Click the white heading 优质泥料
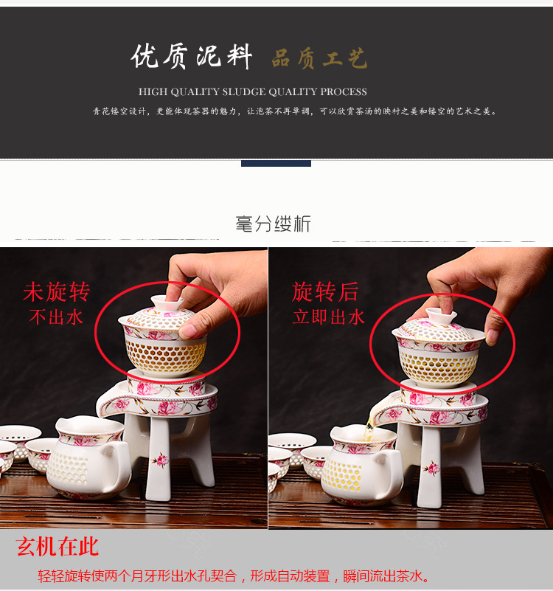pos(192,57)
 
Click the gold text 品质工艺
pos(319,59)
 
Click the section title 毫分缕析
pos(274,224)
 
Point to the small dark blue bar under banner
pos(276,163)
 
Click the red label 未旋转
pos(56,292)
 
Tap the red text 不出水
pos(56,317)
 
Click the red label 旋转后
pos(325,292)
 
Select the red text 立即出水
pos(329,317)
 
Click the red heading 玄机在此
pos(58,547)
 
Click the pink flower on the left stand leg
pos(160,461)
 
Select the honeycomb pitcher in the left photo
pos(88,457)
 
